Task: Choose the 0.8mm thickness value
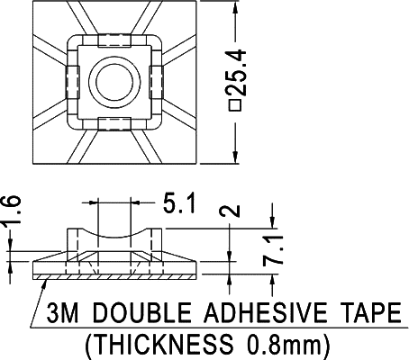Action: click(x=279, y=343)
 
